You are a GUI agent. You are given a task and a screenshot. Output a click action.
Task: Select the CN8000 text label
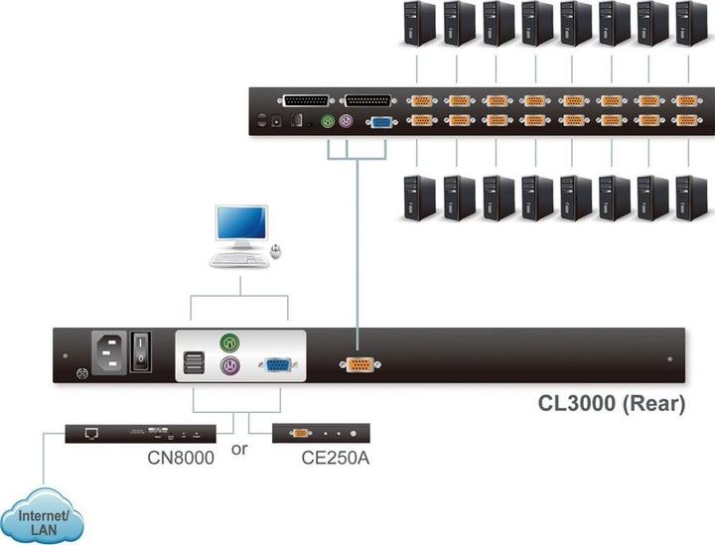point(181,458)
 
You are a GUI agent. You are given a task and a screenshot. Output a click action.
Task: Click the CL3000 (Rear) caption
point(611,405)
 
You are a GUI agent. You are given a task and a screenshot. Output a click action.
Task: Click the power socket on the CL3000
point(109,352)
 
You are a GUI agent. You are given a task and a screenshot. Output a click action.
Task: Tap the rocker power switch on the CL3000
point(142,352)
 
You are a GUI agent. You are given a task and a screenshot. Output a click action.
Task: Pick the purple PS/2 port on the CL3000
point(229,365)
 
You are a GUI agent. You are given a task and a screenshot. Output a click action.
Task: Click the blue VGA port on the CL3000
point(275,365)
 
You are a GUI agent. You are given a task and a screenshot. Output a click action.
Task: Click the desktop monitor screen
point(243,226)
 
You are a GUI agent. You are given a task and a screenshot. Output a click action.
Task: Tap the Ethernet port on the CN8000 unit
point(91,433)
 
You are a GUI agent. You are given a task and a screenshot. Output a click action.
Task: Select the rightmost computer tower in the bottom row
point(690,197)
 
